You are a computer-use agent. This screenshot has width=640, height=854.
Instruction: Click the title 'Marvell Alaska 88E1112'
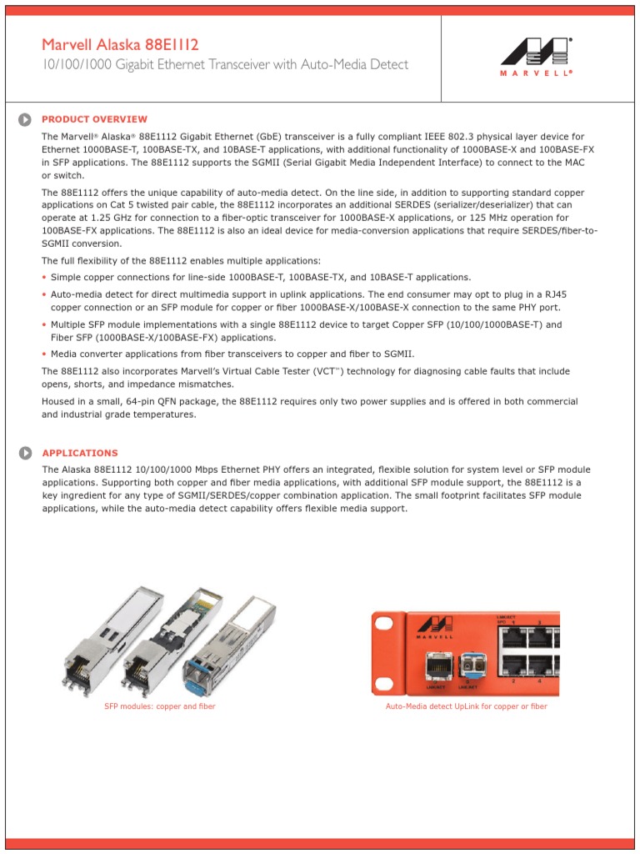pyautogui.click(x=120, y=44)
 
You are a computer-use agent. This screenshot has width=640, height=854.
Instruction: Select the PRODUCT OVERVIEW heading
pyautogui.click(x=94, y=119)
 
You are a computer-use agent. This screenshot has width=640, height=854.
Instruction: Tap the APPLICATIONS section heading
pyautogui.click(x=80, y=453)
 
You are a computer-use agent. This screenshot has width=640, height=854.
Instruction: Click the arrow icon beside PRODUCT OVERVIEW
pyautogui.click(x=26, y=119)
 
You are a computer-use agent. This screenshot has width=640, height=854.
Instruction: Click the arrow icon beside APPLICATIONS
pyautogui.click(x=26, y=453)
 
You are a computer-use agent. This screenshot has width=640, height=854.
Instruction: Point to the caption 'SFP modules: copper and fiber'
pyautogui.click(x=159, y=706)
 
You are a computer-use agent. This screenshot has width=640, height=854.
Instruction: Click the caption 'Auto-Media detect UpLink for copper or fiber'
pyautogui.click(x=466, y=706)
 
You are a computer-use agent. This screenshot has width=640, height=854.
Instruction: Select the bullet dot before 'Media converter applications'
pyautogui.click(x=44, y=354)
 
